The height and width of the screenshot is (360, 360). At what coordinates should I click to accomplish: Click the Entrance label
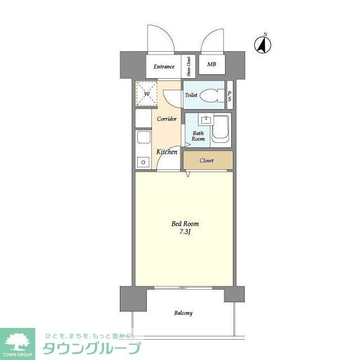(164, 66)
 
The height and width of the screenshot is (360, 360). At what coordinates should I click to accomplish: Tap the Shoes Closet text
(189, 66)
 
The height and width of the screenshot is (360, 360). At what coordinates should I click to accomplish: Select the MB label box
(211, 65)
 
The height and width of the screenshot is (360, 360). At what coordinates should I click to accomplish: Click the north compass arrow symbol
(263, 43)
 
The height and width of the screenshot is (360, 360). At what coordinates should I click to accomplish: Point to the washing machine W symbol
(146, 94)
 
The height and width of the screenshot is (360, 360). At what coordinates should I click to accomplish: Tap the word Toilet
(191, 96)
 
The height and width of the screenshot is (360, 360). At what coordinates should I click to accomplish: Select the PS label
(229, 96)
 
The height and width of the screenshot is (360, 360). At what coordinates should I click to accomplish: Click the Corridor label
(167, 119)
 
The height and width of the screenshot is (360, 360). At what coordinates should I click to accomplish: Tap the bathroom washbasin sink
(204, 120)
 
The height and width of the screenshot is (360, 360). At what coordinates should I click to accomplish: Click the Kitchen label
(166, 152)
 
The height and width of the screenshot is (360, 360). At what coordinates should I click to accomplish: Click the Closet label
(206, 161)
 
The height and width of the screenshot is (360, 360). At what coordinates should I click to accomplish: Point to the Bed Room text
(185, 224)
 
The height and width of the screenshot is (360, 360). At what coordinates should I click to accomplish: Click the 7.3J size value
(185, 232)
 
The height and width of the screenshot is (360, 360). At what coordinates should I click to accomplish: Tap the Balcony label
(183, 313)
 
